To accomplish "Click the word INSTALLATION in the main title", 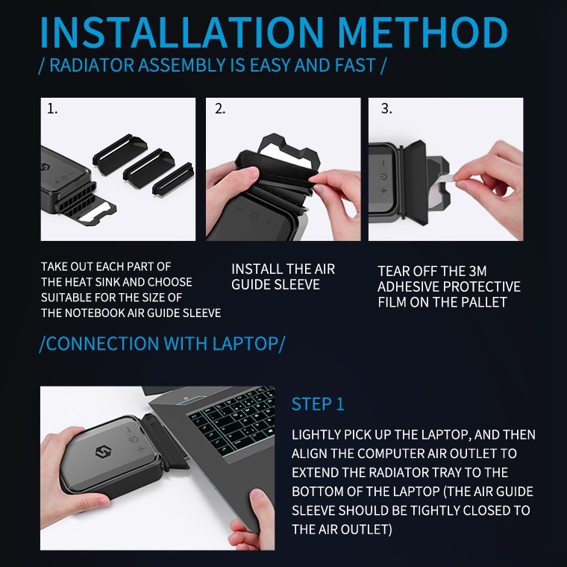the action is click(182, 33).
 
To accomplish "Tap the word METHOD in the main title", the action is click(423, 33).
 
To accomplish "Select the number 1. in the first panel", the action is click(52, 108).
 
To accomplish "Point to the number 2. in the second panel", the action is click(220, 108).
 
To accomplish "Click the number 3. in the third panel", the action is click(386, 108).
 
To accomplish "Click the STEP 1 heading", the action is click(318, 404).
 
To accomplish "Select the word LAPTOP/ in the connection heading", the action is click(248, 343).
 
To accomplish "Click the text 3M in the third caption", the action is click(477, 272).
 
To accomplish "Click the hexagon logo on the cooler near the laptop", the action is click(104, 452).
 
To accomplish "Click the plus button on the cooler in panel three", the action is click(383, 190).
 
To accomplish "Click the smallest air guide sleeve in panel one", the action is click(173, 179).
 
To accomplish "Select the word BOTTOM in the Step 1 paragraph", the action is click(317, 492).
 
